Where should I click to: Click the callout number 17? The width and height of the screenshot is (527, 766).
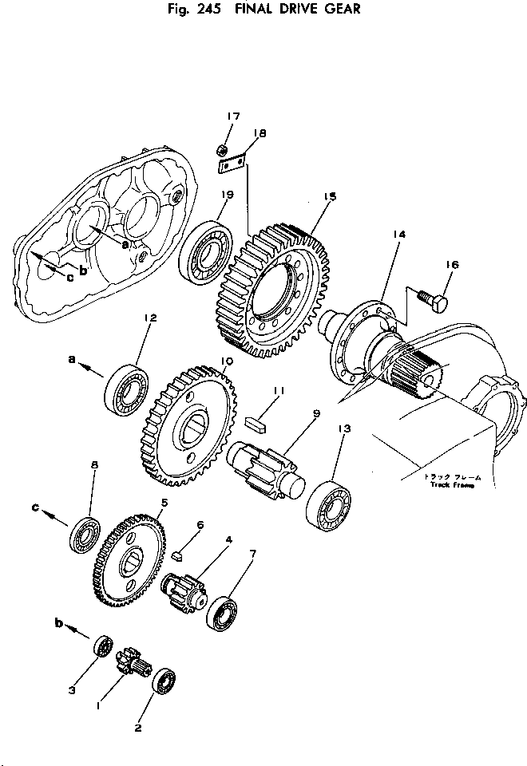click(x=232, y=117)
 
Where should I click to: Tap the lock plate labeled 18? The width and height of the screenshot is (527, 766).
click(x=232, y=164)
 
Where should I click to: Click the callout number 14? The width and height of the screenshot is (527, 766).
click(x=399, y=234)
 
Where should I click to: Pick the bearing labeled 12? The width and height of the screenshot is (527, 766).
click(x=127, y=389)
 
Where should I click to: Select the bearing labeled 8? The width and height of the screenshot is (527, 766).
click(x=85, y=534)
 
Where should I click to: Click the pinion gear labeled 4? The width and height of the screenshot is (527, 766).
click(x=185, y=594)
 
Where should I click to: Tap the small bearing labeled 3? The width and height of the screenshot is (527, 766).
click(x=102, y=646)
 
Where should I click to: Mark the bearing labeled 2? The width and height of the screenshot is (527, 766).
click(x=165, y=681)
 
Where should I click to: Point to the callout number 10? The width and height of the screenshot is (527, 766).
click(x=227, y=361)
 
